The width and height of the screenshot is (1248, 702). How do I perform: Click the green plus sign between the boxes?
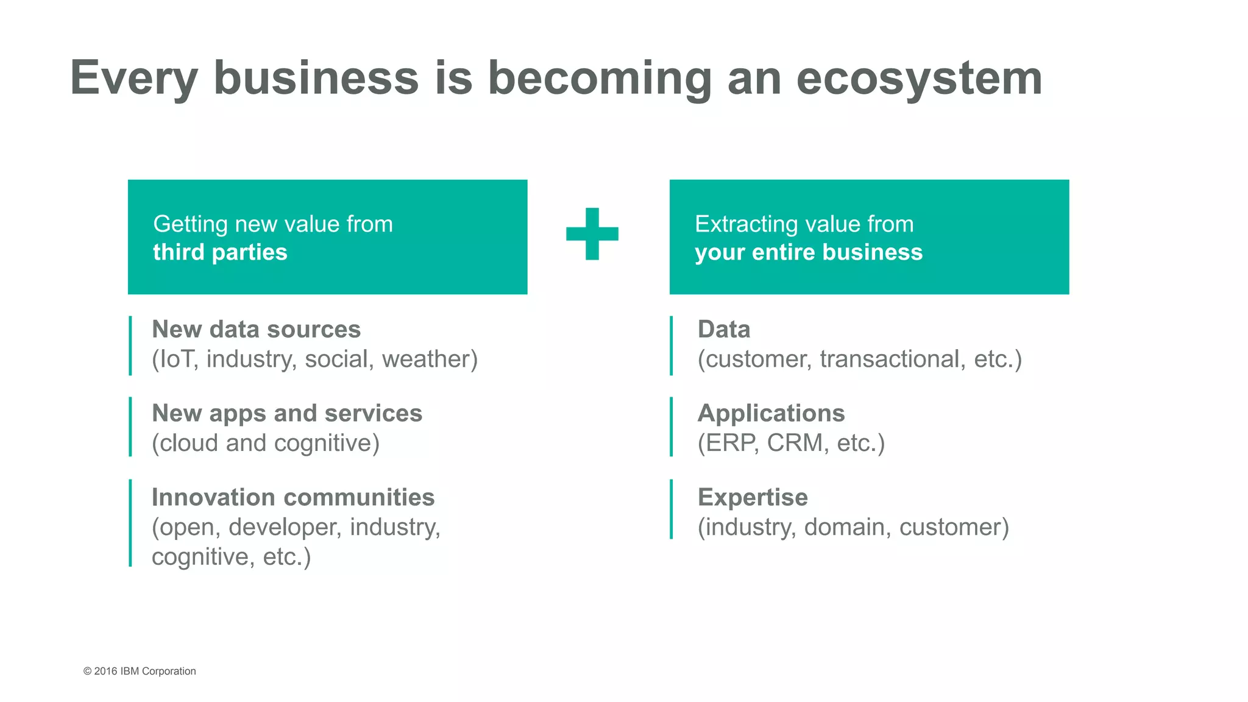coord(592,234)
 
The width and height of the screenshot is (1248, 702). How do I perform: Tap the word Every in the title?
coord(134,79)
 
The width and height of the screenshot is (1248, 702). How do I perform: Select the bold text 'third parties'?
coord(220,252)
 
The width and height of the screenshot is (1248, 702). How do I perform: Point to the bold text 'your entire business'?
coord(809,252)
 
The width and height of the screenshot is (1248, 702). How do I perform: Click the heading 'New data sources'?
coord(256,329)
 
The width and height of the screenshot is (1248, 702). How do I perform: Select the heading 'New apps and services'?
coord(286,413)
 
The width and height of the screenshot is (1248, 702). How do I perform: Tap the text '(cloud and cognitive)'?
coord(266,443)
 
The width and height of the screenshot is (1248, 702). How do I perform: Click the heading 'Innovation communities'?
coord(293,497)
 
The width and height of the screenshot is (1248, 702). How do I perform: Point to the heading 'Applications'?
coord(771,413)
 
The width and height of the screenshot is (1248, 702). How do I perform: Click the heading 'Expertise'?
coord(753,497)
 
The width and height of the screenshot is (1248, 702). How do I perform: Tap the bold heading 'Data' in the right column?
coord(724,329)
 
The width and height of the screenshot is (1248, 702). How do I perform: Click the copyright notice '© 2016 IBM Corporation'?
coord(140,671)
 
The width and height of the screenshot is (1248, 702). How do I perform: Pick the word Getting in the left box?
coord(190,224)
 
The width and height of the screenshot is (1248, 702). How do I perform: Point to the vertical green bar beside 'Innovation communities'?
coord(130,523)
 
